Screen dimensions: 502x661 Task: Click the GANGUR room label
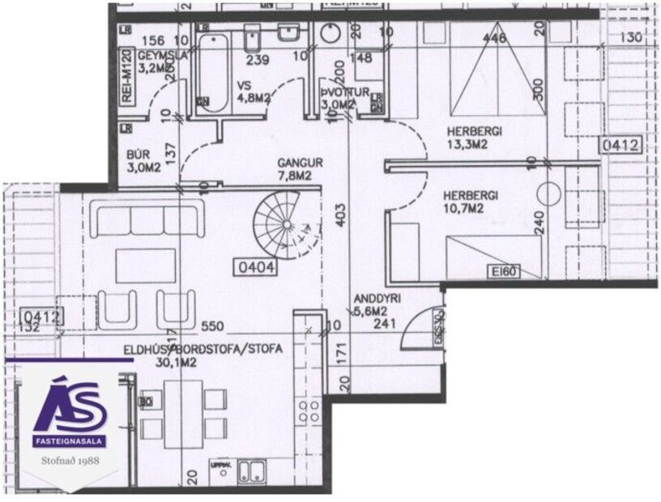click(300, 162)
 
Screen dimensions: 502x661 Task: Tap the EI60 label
click(504, 272)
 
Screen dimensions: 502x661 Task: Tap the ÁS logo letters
click(71, 404)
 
